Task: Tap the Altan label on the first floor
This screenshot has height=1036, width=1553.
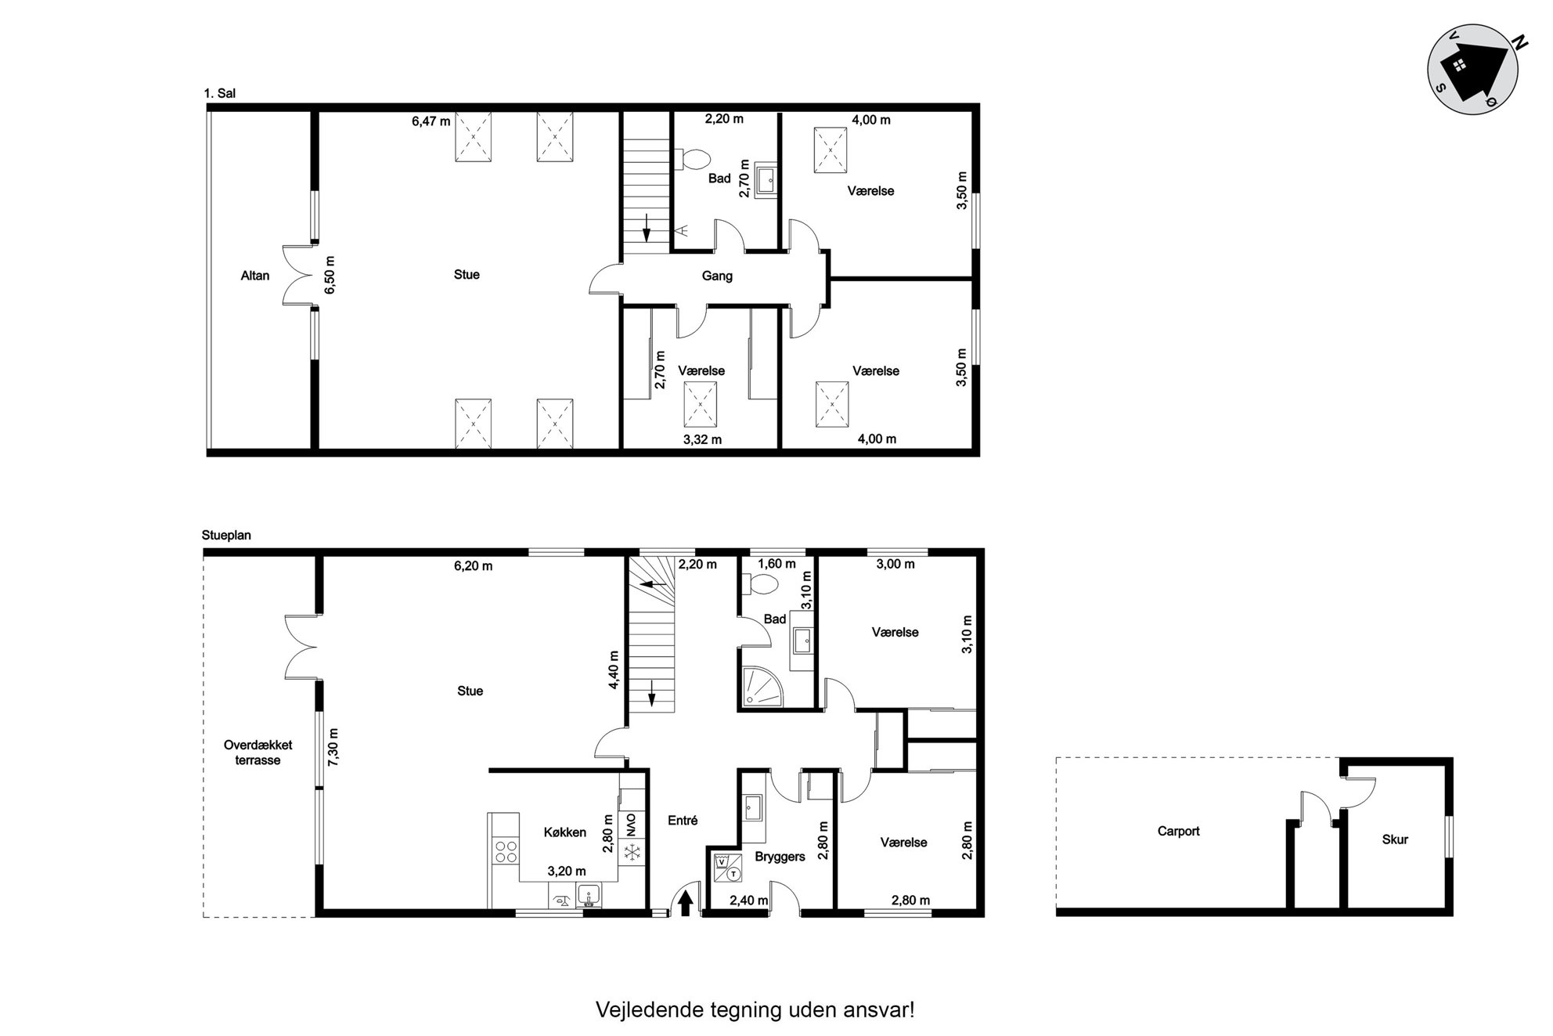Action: [x=255, y=276]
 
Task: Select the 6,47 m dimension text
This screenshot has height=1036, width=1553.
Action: [x=431, y=121]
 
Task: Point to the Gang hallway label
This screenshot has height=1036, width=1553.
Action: [x=717, y=276]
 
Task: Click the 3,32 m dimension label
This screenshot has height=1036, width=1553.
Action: [x=702, y=439]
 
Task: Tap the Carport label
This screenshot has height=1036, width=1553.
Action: [x=1178, y=832]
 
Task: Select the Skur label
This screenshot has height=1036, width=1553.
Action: [x=1395, y=839]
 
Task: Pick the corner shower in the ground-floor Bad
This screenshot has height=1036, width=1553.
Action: [x=760, y=687]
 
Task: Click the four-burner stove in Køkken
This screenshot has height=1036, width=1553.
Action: [x=506, y=850]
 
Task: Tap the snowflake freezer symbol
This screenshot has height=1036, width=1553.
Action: [x=630, y=853]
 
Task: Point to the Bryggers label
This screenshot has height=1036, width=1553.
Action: [x=780, y=857]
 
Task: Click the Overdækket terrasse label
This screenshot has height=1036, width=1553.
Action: [x=258, y=753]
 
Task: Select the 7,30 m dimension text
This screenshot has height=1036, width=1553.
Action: [x=334, y=748]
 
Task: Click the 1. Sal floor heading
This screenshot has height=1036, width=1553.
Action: [x=219, y=93]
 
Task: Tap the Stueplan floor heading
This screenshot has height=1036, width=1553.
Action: [x=226, y=536]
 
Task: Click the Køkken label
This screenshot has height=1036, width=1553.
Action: [x=565, y=832]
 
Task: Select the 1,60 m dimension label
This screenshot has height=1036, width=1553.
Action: [x=776, y=564]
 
